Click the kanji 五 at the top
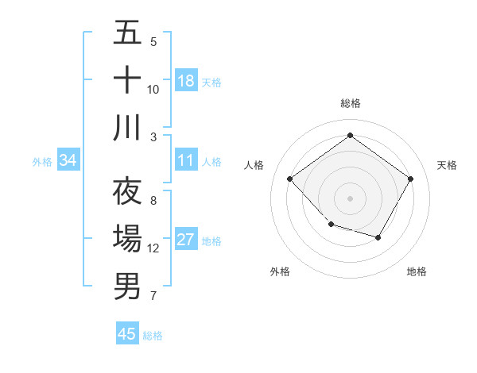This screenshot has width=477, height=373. pyautogui.click(x=127, y=34)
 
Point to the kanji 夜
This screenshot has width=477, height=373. pyautogui.click(x=127, y=191)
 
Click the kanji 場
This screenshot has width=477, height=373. pyautogui.click(x=127, y=239)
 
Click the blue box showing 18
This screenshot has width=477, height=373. pyautogui.click(x=186, y=81)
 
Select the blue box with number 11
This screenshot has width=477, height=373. pyautogui.click(x=186, y=160)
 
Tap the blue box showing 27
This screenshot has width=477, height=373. pyautogui.click(x=186, y=240)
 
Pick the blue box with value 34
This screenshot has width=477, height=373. pyautogui.click(x=68, y=160)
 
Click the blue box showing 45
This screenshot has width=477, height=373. pyautogui.click(x=127, y=334)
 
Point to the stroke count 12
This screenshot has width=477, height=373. pyautogui.click(x=153, y=248)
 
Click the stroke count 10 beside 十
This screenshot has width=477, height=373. pyautogui.click(x=153, y=89)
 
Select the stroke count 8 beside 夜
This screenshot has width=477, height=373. pyautogui.click(x=153, y=201)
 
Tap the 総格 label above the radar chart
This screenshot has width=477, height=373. pyautogui.click(x=350, y=103)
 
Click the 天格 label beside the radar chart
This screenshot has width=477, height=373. pyautogui.click(x=447, y=165)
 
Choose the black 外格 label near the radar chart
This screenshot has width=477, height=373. pyautogui.click(x=280, y=271)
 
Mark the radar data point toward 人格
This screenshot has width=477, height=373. pyautogui.click(x=290, y=179)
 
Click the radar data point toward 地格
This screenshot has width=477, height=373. pyautogui.click(x=378, y=237)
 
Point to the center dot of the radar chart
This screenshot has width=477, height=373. pyautogui.click(x=350, y=198)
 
